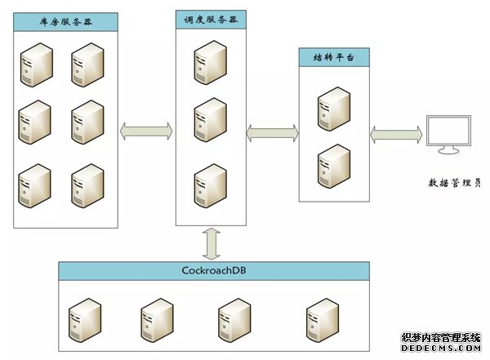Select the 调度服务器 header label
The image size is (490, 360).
pyautogui.click(x=211, y=20)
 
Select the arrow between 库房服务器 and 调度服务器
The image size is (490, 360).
pyautogui.click(x=146, y=130)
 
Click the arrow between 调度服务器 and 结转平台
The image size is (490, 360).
pyautogui.click(x=271, y=131)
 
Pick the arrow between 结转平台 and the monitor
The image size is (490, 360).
pyautogui.click(x=397, y=131)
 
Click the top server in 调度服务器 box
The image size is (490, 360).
pyautogui.click(x=210, y=62)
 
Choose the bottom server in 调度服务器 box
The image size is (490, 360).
pyautogui.click(x=210, y=184)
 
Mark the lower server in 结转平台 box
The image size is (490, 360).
pyautogui.click(x=332, y=163)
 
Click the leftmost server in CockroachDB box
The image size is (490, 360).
pyautogui.click(x=85, y=319)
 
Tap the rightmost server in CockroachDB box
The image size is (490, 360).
pyautogui.click(x=322, y=319)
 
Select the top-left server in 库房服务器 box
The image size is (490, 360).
pyautogui.click(x=36, y=64)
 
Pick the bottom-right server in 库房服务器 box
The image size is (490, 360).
pyautogui.click(x=87, y=186)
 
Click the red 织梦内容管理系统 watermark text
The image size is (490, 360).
pyautogui.click(x=445, y=338)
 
